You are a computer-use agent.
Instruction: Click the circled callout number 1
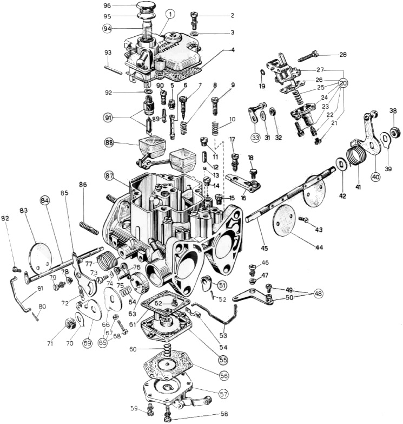click(x=170, y=14)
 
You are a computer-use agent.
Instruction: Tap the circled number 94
click(x=108, y=28)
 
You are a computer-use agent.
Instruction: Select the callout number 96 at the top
click(x=108, y=5)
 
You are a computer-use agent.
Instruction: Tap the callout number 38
click(x=392, y=112)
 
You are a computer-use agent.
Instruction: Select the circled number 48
click(x=318, y=293)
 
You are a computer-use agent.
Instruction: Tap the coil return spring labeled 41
click(x=358, y=155)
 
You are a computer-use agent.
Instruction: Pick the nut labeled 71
click(x=70, y=324)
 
